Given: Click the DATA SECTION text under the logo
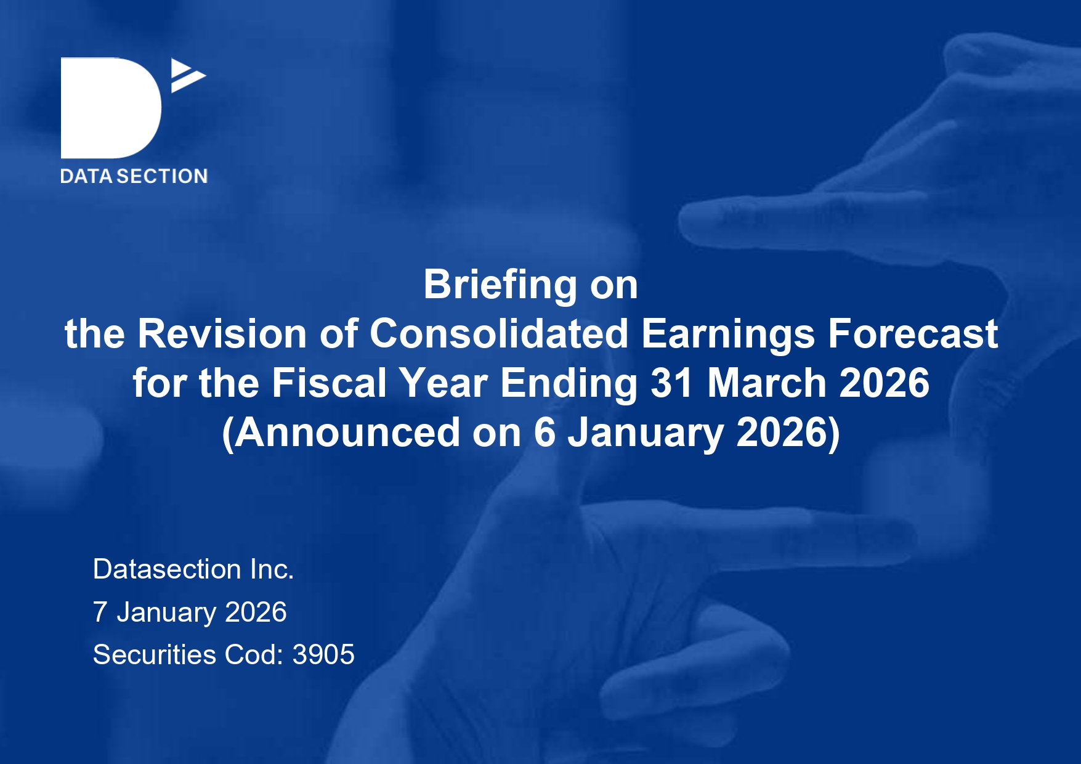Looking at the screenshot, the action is [134, 176].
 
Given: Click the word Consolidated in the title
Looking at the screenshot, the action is [499, 334].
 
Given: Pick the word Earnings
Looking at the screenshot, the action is [728, 335].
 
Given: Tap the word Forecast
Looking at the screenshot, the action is [913, 334].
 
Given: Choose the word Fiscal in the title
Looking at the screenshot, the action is [330, 383].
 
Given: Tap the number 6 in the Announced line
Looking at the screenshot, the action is [545, 433].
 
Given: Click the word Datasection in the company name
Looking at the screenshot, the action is [167, 569].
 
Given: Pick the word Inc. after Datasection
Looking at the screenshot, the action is [272, 569].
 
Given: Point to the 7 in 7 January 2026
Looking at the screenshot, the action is [100, 612].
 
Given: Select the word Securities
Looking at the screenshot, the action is [155, 655].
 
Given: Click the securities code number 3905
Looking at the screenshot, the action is [323, 655].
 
